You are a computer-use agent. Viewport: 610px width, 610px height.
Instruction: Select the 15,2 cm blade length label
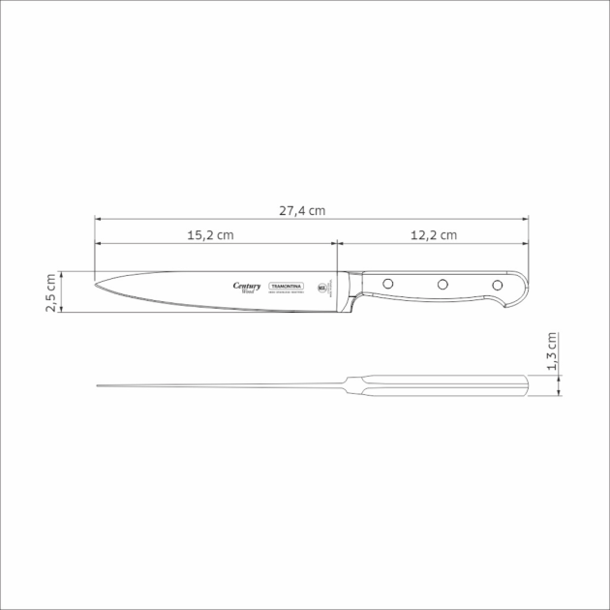click(x=210, y=235)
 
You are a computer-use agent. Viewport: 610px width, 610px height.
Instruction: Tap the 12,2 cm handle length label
click(x=433, y=235)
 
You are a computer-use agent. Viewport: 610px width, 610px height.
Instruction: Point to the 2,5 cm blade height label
click(x=51, y=291)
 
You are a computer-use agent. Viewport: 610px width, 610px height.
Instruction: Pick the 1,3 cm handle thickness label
click(x=552, y=352)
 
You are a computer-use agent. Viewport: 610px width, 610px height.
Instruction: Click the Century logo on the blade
click(x=248, y=285)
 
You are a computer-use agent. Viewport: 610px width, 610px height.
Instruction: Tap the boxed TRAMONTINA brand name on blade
click(x=287, y=287)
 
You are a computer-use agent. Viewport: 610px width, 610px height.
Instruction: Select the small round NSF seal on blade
click(x=322, y=288)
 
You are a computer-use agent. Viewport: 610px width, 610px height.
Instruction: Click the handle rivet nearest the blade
click(x=385, y=285)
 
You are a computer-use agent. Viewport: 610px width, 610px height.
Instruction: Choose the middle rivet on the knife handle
click(x=442, y=285)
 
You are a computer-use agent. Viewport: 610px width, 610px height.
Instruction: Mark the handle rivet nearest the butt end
click(x=498, y=285)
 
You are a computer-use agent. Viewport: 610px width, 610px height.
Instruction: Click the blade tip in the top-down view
click(x=99, y=387)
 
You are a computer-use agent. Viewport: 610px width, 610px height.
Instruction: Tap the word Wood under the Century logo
click(x=248, y=291)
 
